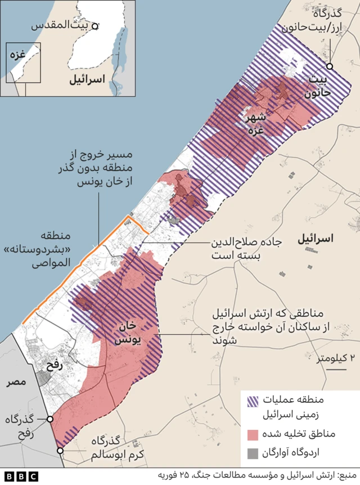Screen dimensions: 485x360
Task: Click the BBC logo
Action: pyautogui.click(x=22, y=476)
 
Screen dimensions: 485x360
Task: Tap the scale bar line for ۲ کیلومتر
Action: pyautogui.click(x=336, y=370)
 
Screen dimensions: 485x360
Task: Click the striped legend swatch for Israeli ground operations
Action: pyautogui.click(x=254, y=402)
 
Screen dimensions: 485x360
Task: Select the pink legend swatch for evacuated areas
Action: pyautogui.click(x=254, y=434)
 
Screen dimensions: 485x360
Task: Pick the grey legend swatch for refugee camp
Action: pyautogui.click(x=254, y=453)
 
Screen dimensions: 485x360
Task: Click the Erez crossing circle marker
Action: pyautogui.click(x=330, y=66)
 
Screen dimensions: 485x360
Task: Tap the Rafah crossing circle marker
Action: pyautogui.click(x=50, y=419)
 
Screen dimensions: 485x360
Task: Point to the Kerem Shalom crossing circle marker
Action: pyautogui.click(x=60, y=450)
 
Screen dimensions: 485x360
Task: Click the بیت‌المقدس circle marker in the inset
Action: pyautogui.click(x=96, y=26)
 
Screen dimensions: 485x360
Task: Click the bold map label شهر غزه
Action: pyautogui.click(x=254, y=124)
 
